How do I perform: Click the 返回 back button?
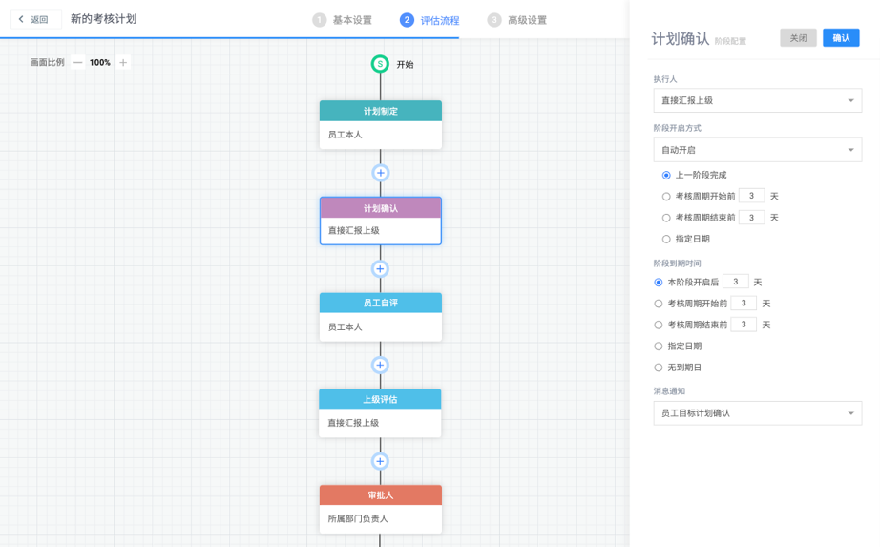pos(33,19)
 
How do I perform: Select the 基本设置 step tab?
pos(343,20)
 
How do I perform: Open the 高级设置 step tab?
pos(517,20)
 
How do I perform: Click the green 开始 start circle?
pos(380,64)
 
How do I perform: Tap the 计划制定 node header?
pos(380,112)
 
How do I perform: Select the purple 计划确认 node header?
pos(380,208)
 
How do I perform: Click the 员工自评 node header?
pos(380,304)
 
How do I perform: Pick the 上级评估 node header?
pos(380,400)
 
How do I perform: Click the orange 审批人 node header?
pos(380,495)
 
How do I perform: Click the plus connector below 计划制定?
pos(380,173)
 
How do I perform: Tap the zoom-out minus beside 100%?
pos(78,63)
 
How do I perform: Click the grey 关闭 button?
pos(798,38)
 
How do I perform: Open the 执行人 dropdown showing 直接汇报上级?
pos(757,100)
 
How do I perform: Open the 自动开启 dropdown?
pos(757,150)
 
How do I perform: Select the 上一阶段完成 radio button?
pos(666,176)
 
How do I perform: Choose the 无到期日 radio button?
pos(659,368)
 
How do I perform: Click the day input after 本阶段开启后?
pos(735,283)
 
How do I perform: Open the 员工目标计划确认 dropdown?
pos(757,413)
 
